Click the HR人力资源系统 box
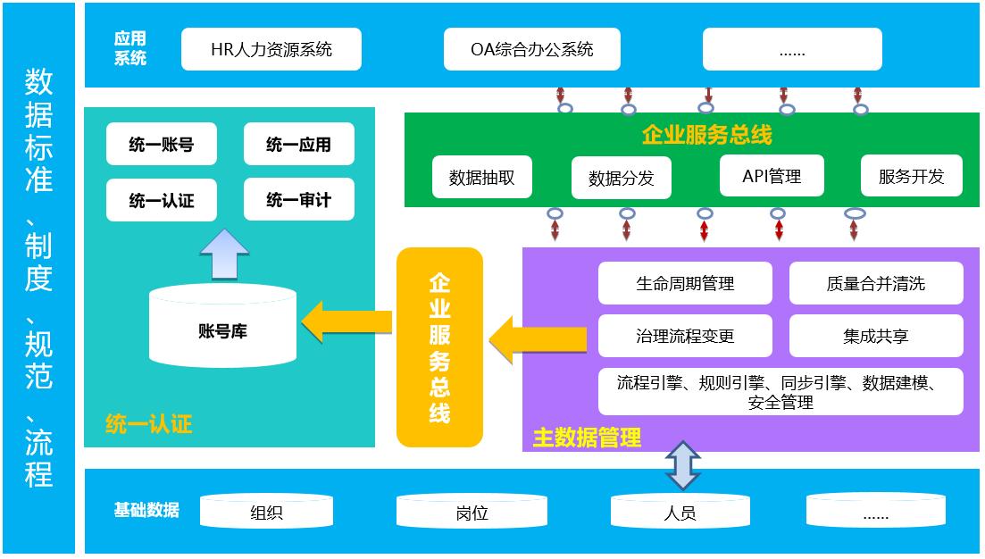click(271, 49)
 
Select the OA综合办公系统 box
click(532, 49)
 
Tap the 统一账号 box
click(161, 145)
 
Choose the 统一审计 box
click(298, 200)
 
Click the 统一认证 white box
click(161, 200)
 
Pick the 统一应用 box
click(298, 145)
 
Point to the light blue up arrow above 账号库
click(224, 254)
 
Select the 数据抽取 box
click(481, 177)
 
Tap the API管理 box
click(771, 176)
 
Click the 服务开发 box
click(912, 176)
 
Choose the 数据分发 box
click(621, 178)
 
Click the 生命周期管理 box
click(685, 283)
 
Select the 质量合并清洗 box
click(875, 283)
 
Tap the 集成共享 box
click(875, 336)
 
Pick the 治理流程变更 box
click(685, 336)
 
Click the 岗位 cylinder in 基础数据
click(471, 513)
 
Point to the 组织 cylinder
click(266, 513)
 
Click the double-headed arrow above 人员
click(683, 465)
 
